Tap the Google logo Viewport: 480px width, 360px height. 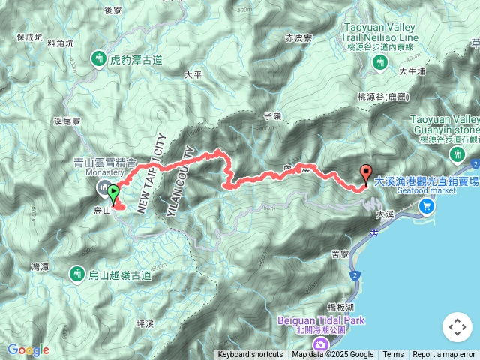28,349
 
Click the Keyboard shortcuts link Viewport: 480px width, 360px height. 250,355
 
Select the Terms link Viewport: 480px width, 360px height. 393,355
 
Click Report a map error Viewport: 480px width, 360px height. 444,355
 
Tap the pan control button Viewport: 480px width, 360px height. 457,327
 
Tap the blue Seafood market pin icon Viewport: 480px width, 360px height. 427,205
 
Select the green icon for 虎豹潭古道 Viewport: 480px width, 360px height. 98,58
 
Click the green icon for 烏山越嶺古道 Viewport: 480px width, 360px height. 77,274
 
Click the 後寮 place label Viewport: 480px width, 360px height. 113,10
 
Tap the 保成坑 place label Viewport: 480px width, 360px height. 28,36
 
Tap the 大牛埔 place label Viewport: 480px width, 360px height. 412,71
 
